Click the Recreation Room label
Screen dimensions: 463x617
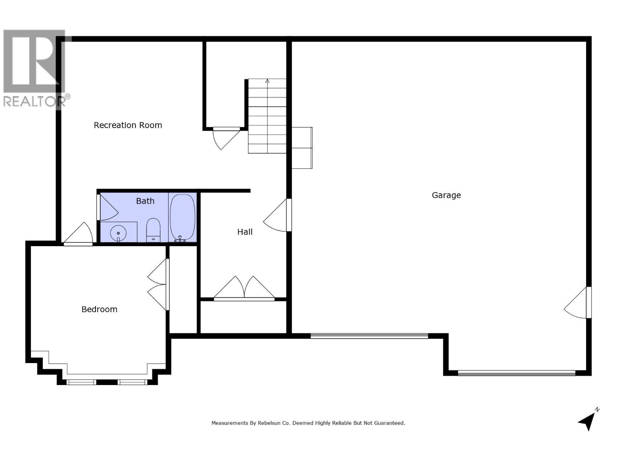click(128, 125)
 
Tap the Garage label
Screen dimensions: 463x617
click(446, 195)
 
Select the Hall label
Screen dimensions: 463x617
click(245, 232)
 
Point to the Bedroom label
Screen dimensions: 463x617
click(99, 309)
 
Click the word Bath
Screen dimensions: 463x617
click(145, 201)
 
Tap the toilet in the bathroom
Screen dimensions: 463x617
click(153, 230)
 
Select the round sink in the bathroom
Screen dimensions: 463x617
click(118, 233)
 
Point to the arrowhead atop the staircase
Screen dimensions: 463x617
click(267, 81)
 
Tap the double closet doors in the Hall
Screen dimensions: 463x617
click(244, 288)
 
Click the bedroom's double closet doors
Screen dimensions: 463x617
click(158, 285)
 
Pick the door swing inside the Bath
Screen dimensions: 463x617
click(108, 208)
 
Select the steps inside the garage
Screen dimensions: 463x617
click(302, 148)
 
